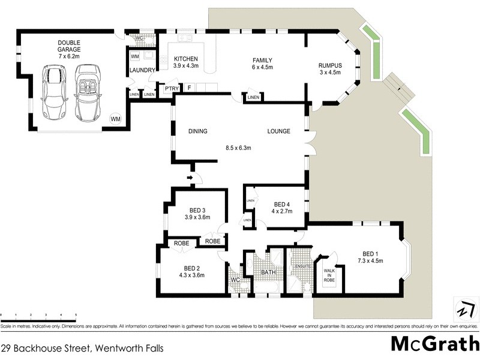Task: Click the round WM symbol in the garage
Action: tap(115, 119)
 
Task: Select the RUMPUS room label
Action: tap(329, 65)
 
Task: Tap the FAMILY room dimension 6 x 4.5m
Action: tap(262, 68)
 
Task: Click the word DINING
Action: tap(197, 131)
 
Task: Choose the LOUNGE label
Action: tap(279, 131)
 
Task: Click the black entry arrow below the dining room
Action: tap(191, 178)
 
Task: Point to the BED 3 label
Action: tap(197, 210)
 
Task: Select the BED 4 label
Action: tap(281, 204)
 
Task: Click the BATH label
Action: tap(267, 273)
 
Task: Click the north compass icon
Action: tap(463, 308)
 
